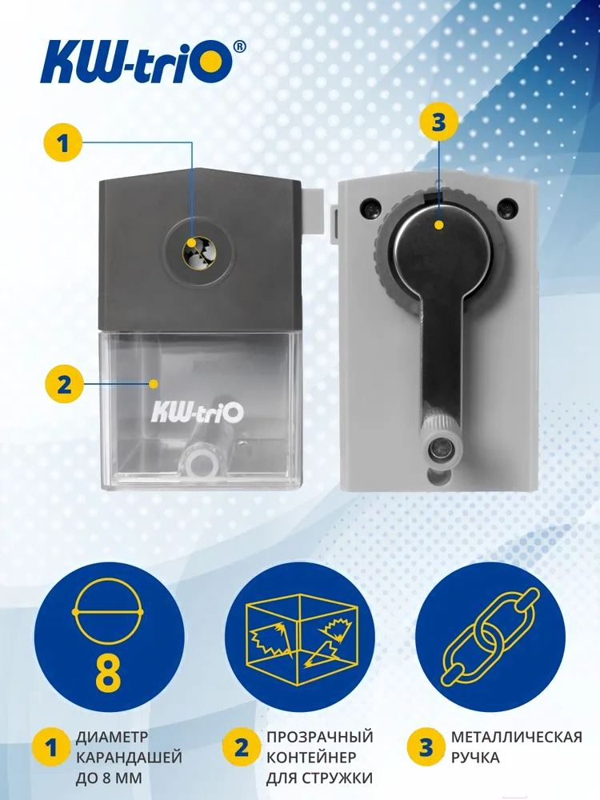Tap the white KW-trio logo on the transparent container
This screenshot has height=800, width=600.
(x=197, y=411)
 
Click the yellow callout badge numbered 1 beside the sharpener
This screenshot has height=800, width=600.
(x=63, y=143)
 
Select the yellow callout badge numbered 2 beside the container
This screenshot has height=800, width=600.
(x=64, y=384)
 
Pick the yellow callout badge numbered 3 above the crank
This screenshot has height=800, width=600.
(x=438, y=122)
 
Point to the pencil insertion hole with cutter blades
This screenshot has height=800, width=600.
(x=199, y=252)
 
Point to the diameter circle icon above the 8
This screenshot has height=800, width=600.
(x=108, y=611)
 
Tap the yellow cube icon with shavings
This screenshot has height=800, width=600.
(x=300, y=637)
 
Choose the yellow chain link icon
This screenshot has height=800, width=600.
(x=490, y=637)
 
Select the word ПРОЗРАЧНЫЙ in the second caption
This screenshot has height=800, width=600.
(x=320, y=738)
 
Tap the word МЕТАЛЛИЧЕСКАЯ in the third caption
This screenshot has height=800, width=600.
(x=516, y=738)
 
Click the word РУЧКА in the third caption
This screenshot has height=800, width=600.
(x=475, y=758)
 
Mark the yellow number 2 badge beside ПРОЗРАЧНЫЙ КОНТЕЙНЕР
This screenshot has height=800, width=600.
(x=241, y=748)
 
